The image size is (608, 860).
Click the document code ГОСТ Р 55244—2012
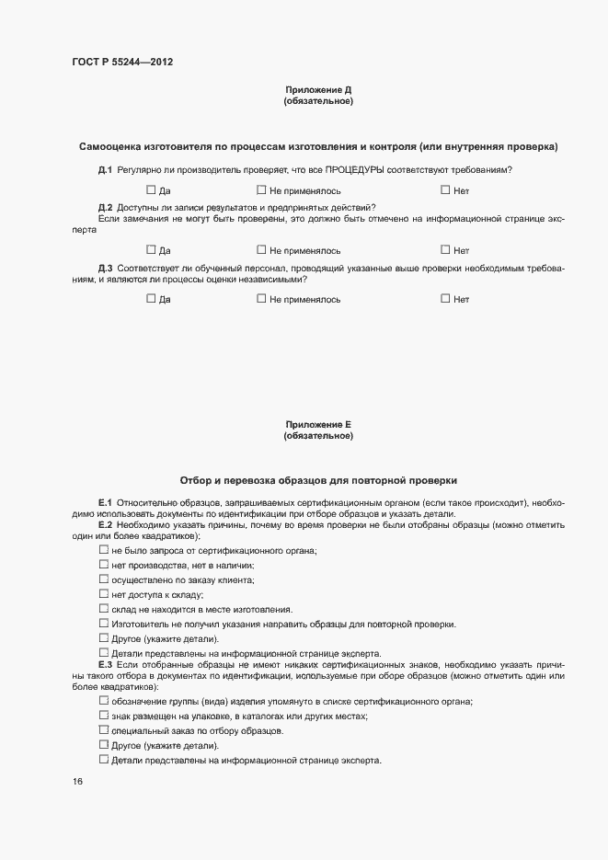(x=122, y=63)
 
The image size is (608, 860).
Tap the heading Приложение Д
(x=318, y=90)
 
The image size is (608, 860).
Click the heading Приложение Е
(x=318, y=424)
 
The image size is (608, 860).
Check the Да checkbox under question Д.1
(x=152, y=190)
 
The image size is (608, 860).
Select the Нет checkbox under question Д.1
(x=446, y=190)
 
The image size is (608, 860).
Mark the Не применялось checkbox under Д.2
(x=262, y=249)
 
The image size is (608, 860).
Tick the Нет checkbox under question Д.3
(x=446, y=298)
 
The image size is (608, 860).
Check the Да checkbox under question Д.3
(x=152, y=298)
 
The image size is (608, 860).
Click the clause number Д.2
(x=105, y=207)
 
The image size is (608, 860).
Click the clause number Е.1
(x=105, y=502)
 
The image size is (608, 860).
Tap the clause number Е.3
(x=105, y=663)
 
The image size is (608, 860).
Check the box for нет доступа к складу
(x=104, y=593)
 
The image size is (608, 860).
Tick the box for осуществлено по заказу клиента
(x=104, y=579)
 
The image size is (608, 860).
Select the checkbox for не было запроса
(x=104, y=549)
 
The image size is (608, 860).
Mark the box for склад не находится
(x=104, y=608)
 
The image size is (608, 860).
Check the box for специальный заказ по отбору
(x=104, y=729)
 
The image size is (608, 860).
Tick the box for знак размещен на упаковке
(x=104, y=715)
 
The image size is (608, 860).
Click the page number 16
(x=77, y=781)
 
